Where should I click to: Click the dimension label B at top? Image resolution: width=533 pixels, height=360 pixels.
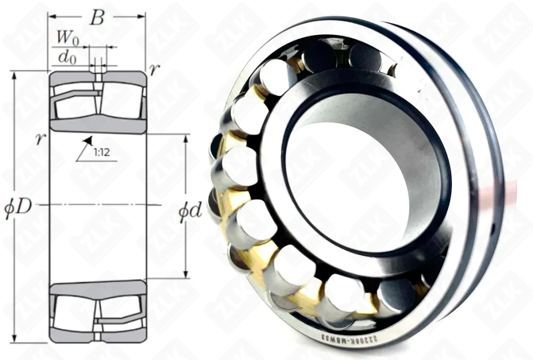96,19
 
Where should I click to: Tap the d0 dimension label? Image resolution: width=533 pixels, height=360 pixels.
66,56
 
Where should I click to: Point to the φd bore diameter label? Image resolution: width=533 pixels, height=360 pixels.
190,211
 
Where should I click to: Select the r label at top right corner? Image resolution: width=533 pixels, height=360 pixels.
153,70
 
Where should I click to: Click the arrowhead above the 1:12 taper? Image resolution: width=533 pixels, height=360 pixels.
88,140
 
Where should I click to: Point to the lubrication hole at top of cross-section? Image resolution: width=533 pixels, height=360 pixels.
98,75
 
